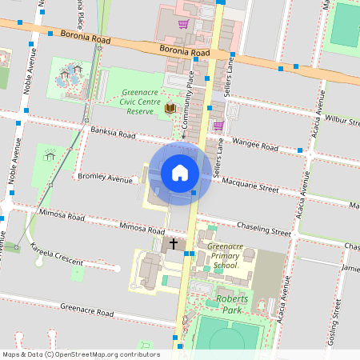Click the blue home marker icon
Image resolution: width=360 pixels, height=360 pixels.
[180, 172]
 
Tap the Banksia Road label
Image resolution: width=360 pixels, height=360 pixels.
[113, 133]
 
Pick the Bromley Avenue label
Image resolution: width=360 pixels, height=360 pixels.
[105, 178]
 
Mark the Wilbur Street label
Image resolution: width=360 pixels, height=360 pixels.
[342, 121]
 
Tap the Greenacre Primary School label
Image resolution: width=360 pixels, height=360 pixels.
[221, 255]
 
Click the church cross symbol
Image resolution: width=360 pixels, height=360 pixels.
[172, 243]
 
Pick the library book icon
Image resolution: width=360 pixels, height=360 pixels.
[170, 107]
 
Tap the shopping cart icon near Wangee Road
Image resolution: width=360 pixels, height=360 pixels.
[218, 126]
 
